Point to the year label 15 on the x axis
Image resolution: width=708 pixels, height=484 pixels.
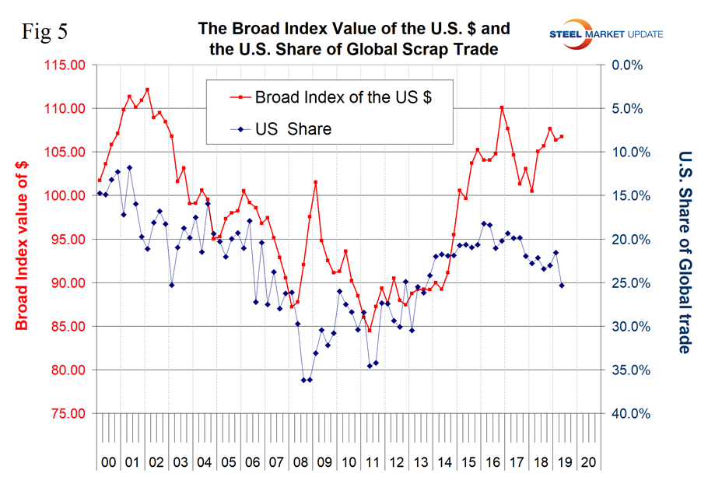[469, 461]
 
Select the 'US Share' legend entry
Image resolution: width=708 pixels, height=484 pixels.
[293, 128]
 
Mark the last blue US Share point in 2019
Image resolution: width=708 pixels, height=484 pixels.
[562, 286]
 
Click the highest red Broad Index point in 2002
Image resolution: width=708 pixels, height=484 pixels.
[147, 89]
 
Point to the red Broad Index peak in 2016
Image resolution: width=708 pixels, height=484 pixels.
[502, 107]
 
